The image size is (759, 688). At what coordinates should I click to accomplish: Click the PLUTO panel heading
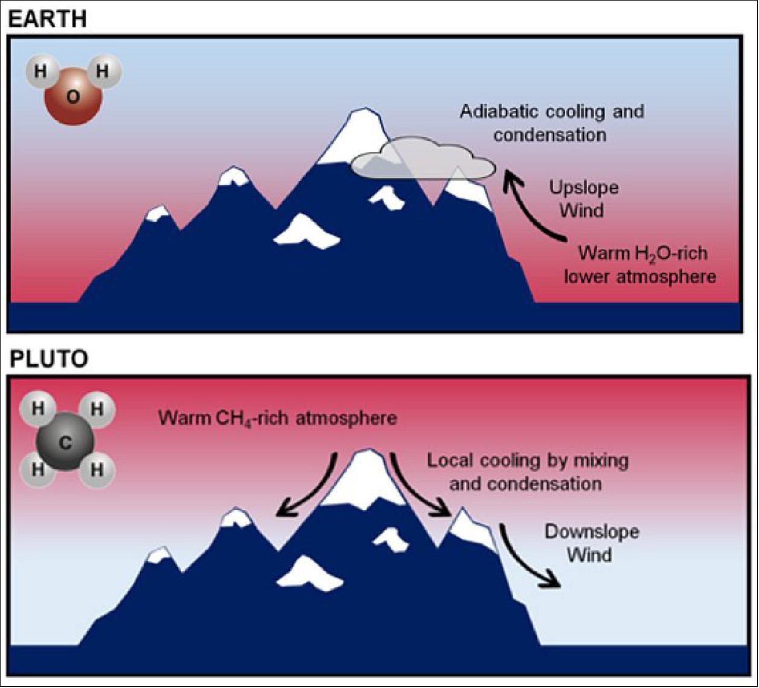48,359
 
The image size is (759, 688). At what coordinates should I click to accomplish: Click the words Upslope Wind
583,199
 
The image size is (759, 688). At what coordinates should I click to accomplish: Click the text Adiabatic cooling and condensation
551,123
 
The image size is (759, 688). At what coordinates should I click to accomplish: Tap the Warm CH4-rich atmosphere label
278,418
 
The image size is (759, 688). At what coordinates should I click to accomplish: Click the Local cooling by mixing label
527,472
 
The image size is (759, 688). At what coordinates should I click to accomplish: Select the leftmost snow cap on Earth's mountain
158,213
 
